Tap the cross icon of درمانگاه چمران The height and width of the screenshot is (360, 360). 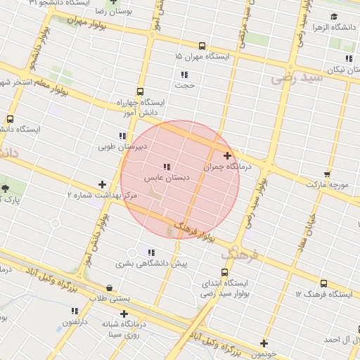point(227,156)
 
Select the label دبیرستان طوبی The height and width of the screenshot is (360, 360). point(122,147)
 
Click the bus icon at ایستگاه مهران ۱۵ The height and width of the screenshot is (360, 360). point(202,44)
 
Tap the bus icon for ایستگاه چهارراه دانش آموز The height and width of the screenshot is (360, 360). point(140,91)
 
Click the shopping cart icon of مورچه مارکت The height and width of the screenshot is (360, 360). point(327,173)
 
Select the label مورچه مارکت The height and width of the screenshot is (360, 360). point(327,184)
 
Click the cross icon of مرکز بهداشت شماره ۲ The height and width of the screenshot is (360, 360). point(102,184)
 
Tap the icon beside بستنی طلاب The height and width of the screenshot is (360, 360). point(109,288)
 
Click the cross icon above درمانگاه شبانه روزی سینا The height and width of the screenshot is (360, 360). point(124,314)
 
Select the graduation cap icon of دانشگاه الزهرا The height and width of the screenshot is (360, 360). point(334,16)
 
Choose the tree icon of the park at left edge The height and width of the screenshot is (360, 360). point(6,188)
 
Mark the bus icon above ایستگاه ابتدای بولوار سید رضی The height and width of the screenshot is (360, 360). point(224,272)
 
